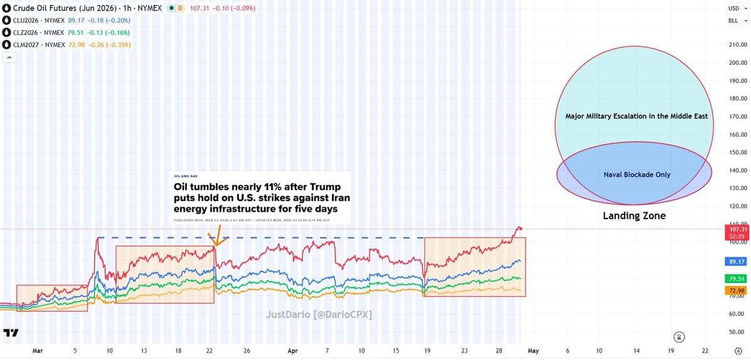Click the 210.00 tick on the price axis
(738, 45)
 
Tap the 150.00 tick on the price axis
(738, 153)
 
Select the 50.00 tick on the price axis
(738, 332)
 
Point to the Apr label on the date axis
(292, 351)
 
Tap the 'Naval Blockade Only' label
(636, 175)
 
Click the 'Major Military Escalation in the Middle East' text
(636, 116)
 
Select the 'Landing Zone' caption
(634, 216)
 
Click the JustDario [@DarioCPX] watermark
(319, 315)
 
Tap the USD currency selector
(733, 9)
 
